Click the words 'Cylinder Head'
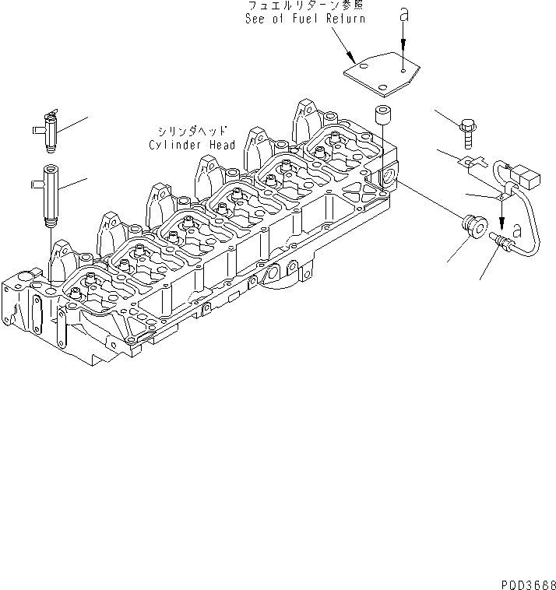(181, 145)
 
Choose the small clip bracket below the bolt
(467, 162)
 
